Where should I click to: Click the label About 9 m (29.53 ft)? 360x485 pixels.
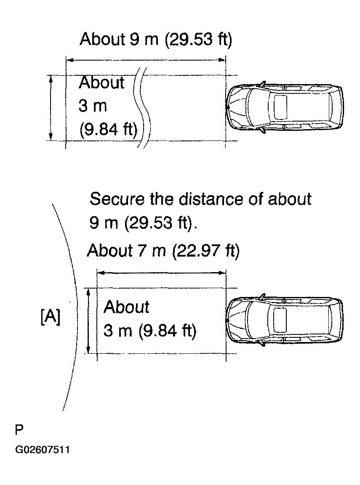pos(156,40)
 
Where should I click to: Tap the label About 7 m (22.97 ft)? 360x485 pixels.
pos(163,251)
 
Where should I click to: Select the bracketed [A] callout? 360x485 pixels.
pos(51,317)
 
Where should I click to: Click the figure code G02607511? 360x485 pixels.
pos(43,450)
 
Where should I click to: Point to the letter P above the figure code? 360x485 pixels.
pos(19,430)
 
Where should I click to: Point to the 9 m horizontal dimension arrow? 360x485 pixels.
pos(146,60)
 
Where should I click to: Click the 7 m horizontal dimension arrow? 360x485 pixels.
pos(162,273)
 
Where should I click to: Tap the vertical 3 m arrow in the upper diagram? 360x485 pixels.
pos(51,107)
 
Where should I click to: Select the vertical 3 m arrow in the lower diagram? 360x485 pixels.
pos(88,321)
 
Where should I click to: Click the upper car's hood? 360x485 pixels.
pos(238,107)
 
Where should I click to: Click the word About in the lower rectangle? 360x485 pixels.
pos(126,307)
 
